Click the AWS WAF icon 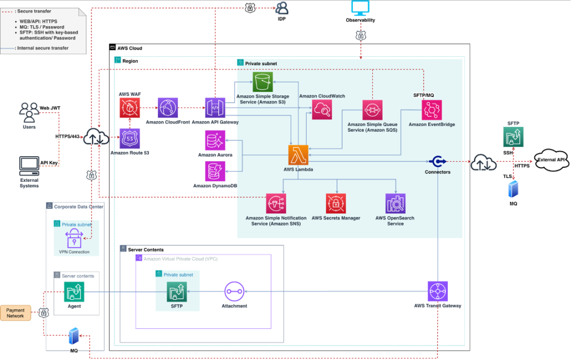coord(129,108)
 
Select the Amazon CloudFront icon coord(167,108)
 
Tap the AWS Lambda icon coord(298,154)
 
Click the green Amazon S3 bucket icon coord(263,82)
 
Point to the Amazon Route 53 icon coord(129,139)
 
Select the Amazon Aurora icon coord(215,140)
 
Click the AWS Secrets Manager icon coord(336,203)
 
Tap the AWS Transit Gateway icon coord(437,291)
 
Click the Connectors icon coord(437,161)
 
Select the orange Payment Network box coord(16,313)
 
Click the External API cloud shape coord(551,159)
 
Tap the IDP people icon coord(282,8)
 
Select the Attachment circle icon coord(234,291)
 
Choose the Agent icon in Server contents coord(74,291)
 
